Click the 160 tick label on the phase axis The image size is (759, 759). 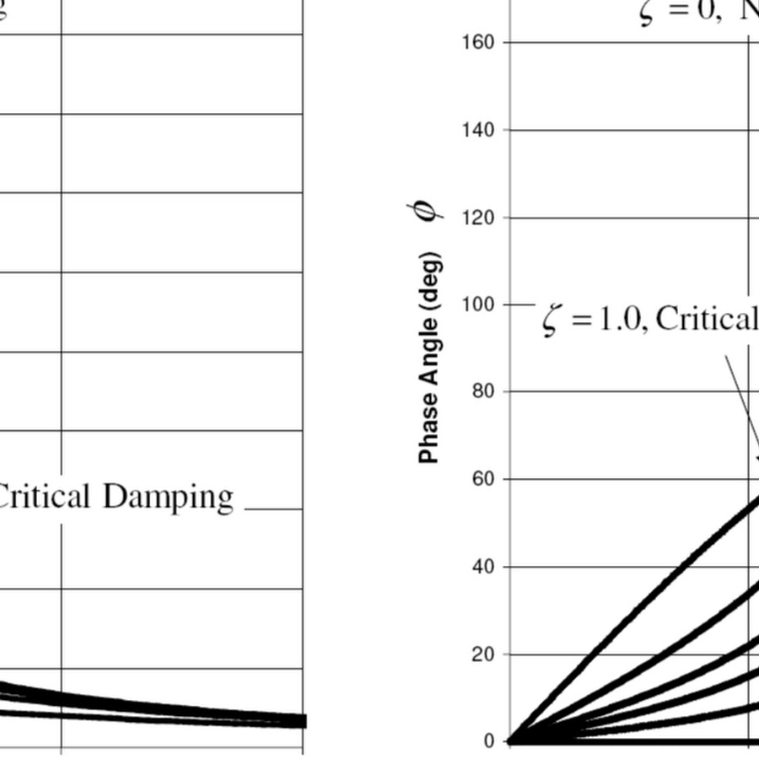tap(477, 43)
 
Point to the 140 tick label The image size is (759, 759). tap(477, 131)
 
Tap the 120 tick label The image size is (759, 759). tap(477, 218)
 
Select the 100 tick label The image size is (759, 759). tap(477, 304)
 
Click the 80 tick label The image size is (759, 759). tap(482, 391)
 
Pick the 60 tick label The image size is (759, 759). tap(482, 479)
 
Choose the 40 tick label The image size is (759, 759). tap(482, 567)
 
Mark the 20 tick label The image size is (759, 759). tap(482, 654)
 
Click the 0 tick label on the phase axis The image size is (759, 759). tap(489, 742)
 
